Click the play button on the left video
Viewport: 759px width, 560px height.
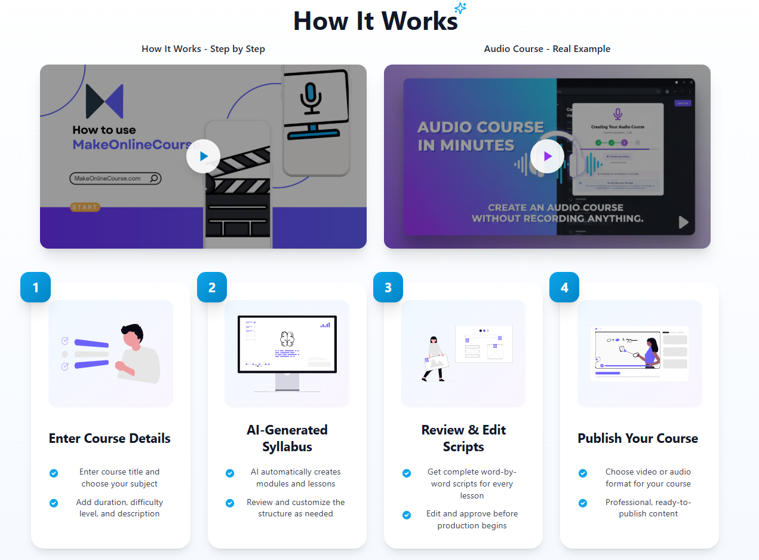[203, 156]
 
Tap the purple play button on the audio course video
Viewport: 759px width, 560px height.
[547, 156]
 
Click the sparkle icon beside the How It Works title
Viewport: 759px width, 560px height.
[460, 8]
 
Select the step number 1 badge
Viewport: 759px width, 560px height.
[35, 287]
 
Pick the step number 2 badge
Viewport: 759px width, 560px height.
[212, 287]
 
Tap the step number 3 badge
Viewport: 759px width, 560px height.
[388, 287]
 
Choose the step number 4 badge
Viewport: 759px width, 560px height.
[564, 287]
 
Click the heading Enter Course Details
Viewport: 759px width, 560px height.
[110, 438]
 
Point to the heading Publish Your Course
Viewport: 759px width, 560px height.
[638, 438]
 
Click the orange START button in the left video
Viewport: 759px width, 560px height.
[85, 207]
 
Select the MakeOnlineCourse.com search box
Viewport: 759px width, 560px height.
[115, 178]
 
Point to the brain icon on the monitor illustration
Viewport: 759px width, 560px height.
[287, 339]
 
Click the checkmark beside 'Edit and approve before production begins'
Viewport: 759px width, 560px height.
[407, 515]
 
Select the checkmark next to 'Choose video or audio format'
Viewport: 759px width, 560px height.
[583, 473]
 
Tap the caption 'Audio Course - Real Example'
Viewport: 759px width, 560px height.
[547, 49]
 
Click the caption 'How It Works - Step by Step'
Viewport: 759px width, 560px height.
[203, 49]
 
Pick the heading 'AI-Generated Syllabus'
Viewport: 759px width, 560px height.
[287, 438]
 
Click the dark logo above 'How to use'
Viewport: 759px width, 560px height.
[105, 102]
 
